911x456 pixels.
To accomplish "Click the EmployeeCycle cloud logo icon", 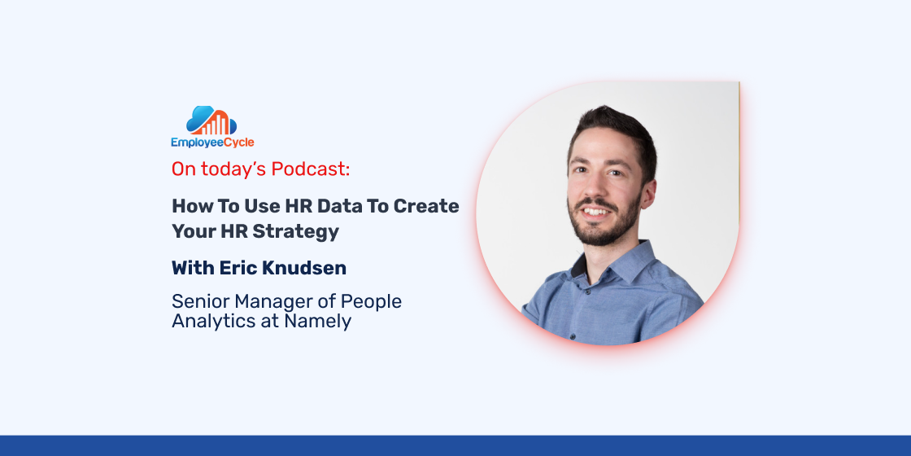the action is [x=211, y=121].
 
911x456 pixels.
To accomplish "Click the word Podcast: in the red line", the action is [x=311, y=169].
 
